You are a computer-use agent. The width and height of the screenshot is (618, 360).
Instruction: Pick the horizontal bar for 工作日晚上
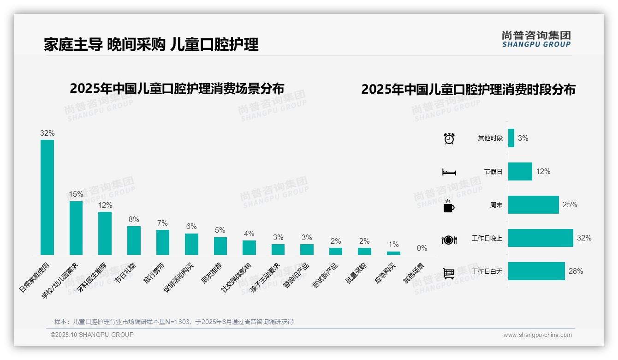(541, 238)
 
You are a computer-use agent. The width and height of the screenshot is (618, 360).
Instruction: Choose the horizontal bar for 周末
(533, 204)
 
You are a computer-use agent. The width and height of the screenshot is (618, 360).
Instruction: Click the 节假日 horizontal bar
(520, 171)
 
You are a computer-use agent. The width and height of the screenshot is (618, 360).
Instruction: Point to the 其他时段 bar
(511, 138)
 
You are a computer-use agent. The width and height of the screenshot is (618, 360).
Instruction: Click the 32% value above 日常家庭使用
(47, 133)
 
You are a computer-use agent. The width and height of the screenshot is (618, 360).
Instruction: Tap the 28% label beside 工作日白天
(576, 271)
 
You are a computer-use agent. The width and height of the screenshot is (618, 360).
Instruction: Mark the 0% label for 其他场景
(422, 248)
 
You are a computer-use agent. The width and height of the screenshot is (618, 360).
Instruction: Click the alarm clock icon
(449, 138)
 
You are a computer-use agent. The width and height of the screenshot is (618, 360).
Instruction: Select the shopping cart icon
(449, 273)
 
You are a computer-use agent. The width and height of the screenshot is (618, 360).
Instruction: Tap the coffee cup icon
(449, 206)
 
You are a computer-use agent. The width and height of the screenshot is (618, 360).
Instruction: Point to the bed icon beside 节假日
(449, 172)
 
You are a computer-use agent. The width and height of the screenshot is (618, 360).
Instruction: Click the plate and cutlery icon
(449, 240)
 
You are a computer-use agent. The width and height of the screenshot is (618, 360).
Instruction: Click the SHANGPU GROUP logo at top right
(536, 39)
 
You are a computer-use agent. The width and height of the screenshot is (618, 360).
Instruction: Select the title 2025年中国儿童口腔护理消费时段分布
(468, 89)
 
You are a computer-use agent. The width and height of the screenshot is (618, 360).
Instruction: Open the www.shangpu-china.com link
(537, 335)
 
